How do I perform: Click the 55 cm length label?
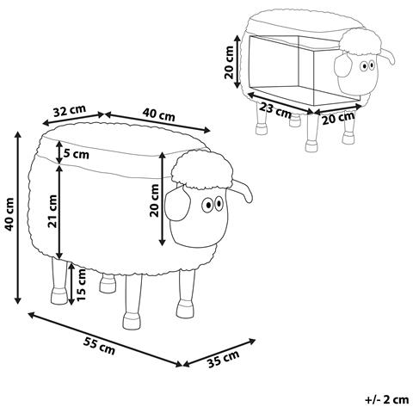[x=99, y=346]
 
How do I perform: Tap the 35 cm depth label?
[x=224, y=359]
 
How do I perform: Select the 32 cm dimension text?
[x=70, y=111]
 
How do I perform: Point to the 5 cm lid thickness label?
[x=76, y=154]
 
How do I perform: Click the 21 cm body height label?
[x=52, y=211]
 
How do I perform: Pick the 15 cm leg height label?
[x=81, y=285]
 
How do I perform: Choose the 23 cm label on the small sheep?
[x=275, y=110]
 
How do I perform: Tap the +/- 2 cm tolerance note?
[x=386, y=399]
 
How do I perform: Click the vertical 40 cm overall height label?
[x=9, y=214]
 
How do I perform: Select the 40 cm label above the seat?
[x=158, y=115]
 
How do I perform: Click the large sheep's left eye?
[x=207, y=205]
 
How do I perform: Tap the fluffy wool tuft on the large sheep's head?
[x=201, y=170]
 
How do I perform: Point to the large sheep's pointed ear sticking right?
[x=243, y=190]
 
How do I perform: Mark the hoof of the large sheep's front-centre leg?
[x=132, y=321]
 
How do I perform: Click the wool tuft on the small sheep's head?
[x=361, y=42]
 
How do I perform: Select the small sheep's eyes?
[x=367, y=65]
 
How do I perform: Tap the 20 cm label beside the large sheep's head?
[x=154, y=200]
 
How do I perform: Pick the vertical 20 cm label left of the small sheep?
[x=229, y=62]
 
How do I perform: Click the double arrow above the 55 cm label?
[x=105, y=339]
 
